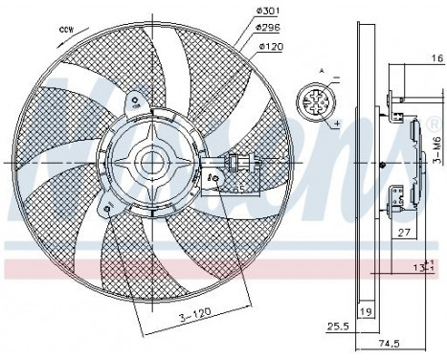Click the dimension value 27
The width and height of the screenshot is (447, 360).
[405, 232]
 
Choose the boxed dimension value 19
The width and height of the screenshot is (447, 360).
[364, 312]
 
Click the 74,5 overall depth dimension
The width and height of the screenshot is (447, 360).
[388, 342]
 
